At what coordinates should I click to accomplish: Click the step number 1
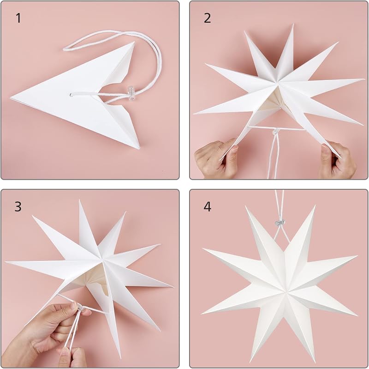click(x=18, y=18)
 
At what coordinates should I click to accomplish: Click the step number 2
click(x=207, y=18)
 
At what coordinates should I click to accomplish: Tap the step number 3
click(x=18, y=206)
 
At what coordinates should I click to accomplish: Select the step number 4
click(x=207, y=206)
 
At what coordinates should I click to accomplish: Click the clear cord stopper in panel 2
click(x=274, y=132)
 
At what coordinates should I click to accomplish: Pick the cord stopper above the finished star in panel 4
click(x=280, y=223)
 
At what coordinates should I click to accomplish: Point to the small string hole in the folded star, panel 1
click(x=71, y=95)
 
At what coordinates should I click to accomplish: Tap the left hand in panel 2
click(x=216, y=159)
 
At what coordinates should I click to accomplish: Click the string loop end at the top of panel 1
click(x=64, y=49)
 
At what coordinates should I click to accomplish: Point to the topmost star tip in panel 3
click(x=79, y=200)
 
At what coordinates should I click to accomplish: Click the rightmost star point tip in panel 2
click(x=363, y=79)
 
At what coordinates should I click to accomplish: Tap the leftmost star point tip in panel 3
click(x=6, y=262)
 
